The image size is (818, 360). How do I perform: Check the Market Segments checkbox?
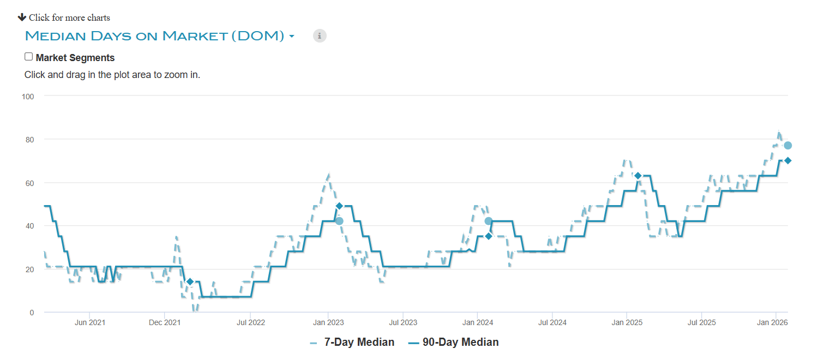coord(29,57)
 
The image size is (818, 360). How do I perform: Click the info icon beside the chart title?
coord(320,36)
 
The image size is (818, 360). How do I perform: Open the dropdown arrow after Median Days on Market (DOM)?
coord(292,37)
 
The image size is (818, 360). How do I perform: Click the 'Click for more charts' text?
coord(69,17)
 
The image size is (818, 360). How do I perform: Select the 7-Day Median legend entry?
coord(359,343)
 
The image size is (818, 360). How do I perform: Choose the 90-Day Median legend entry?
coord(460,343)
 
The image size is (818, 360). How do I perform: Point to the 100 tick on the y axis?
coord(27,97)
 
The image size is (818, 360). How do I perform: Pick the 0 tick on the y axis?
coord(32,313)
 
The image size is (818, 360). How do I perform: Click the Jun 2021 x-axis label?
coord(89,322)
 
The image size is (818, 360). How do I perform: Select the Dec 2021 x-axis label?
coord(165,322)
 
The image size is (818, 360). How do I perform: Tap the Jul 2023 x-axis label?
coord(402,322)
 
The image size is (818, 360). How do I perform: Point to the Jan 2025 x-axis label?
coord(627,322)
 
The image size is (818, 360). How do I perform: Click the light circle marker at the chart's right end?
coord(787,145)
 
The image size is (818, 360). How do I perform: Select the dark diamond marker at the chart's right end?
coord(787,160)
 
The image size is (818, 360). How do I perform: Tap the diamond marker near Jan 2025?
coord(637,176)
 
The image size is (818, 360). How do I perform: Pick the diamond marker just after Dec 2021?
coord(190,281)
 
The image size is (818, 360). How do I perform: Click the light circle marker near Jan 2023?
coord(339,221)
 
